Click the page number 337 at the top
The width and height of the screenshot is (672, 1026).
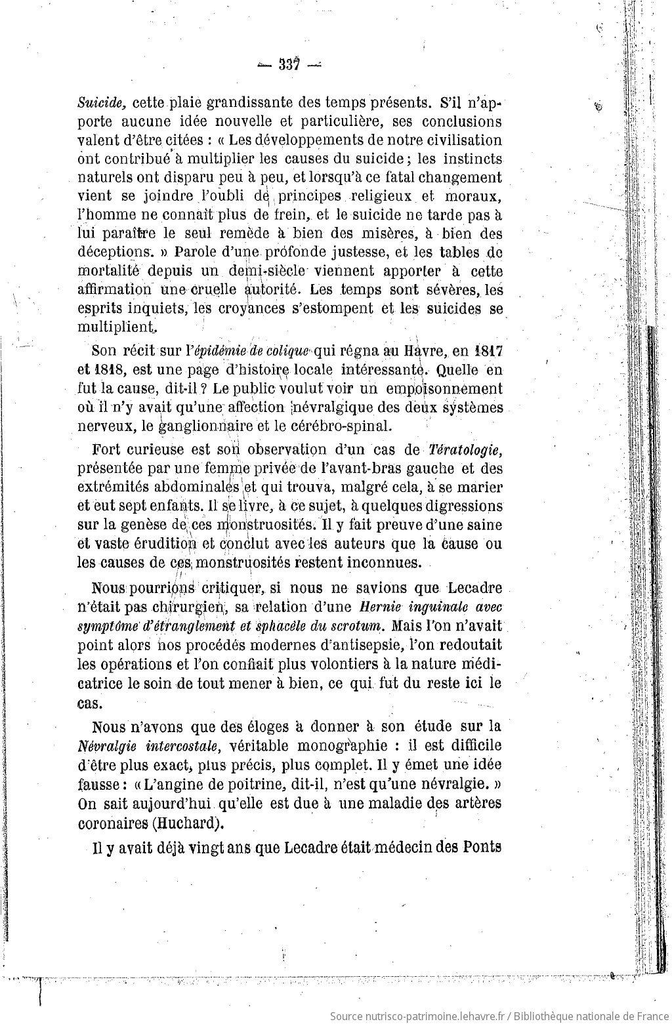pyautogui.click(x=288, y=64)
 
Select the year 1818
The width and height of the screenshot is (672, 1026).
pyautogui.click(x=106, y=369)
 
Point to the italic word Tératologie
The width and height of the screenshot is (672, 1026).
pyautogui.click(x=465, y=449)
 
